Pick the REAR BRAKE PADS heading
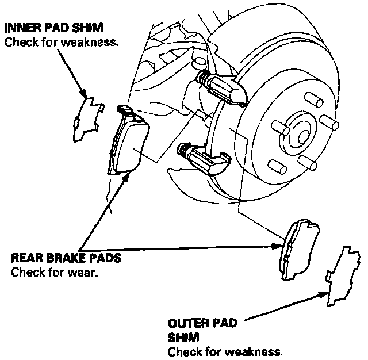click(66, 258)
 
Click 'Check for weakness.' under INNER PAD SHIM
click(62, 43)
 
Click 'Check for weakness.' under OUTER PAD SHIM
click(225, 351)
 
